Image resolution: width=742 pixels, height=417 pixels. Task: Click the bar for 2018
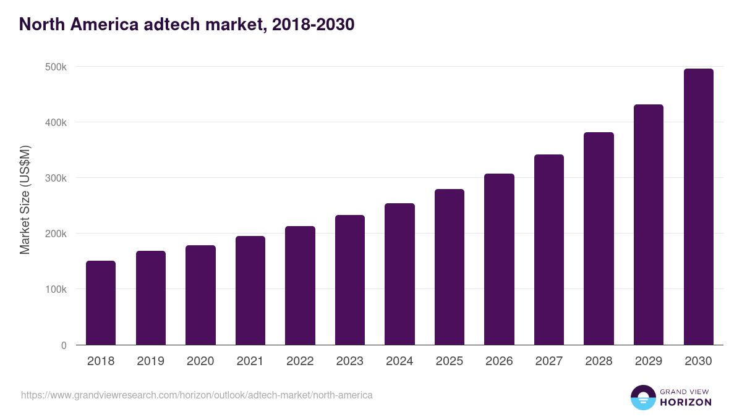[x=101, y=303]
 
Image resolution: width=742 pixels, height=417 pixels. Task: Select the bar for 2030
[x=698, y=207]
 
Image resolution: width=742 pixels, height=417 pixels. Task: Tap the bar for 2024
[x=399, y=274]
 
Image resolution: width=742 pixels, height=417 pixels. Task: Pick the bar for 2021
[x=250, y=290]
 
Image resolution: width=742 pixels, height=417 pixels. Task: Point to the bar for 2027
[x=549, y=250]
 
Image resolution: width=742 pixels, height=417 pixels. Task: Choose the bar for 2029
[x=649, y=225]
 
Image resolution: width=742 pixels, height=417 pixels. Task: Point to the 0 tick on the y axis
[x=63, y=345]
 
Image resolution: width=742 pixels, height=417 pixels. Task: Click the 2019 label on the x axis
[x=150, y=361]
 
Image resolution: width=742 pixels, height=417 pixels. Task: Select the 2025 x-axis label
[x=450, y=361]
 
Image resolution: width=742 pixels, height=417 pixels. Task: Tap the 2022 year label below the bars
[x=300, y=361]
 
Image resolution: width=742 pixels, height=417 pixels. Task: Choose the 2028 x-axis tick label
[x=599, y=361]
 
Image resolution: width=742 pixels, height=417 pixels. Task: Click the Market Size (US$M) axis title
[x=25, y=200]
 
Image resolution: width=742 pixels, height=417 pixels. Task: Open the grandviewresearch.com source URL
[x=197, y=395]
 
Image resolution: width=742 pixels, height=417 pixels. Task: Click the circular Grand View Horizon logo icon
[x=642, y=397]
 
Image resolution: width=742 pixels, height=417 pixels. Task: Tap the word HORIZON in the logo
[x=686, y=402]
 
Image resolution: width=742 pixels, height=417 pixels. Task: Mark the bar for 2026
[x=499, y=259]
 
